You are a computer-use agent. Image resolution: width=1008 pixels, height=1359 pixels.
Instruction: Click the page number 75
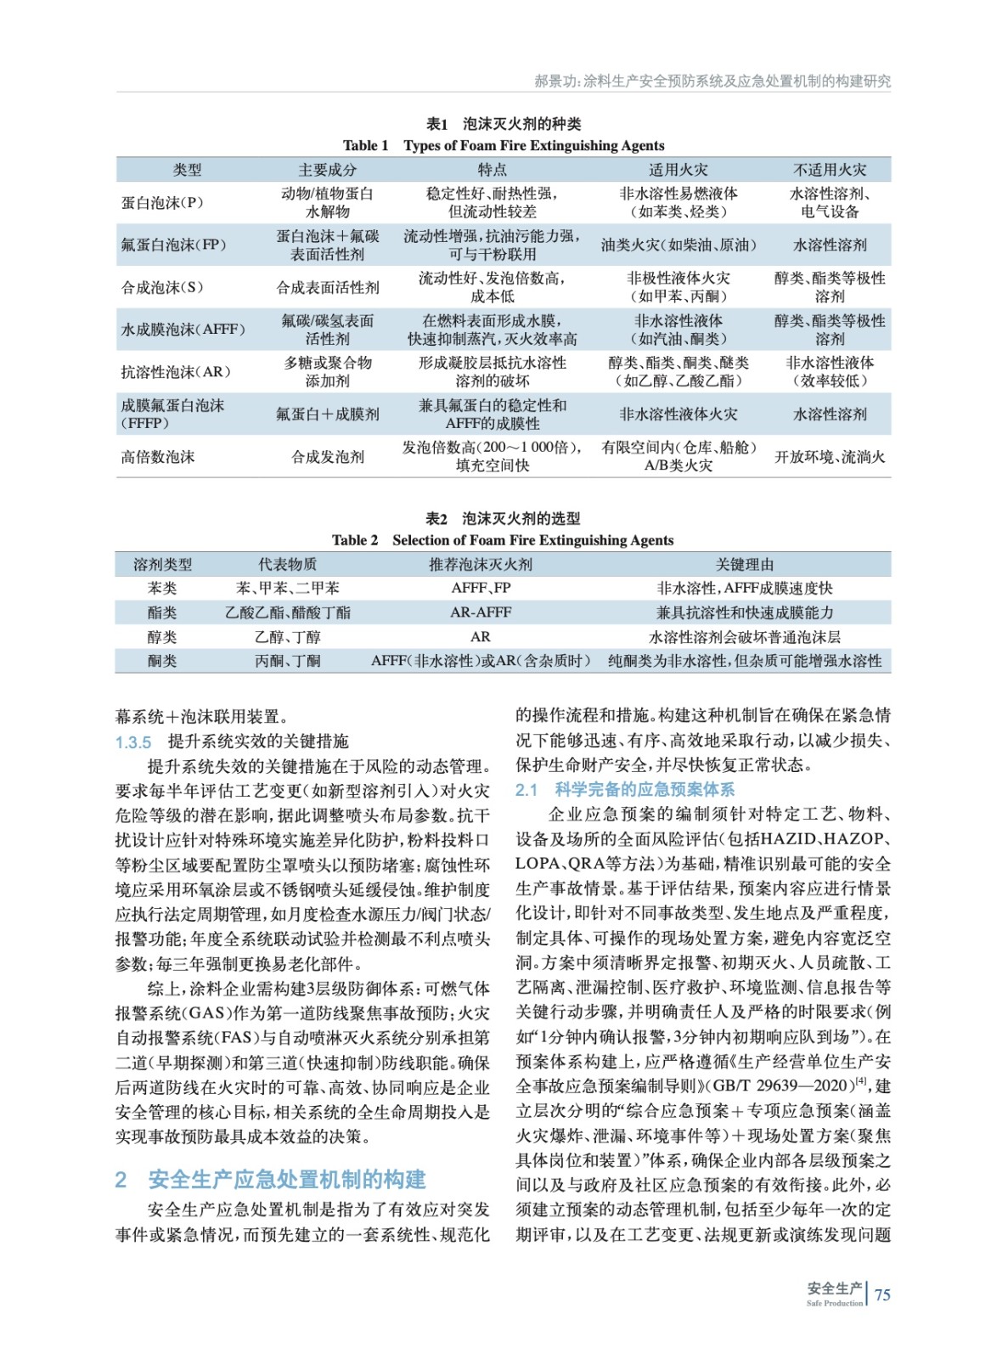click(882, 1294)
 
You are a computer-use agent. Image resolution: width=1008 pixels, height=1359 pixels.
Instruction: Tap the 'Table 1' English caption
click(504, 145)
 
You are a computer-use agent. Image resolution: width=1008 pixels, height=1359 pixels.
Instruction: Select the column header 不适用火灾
click(829, 169)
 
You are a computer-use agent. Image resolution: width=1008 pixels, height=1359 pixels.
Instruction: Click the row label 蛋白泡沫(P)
click(162, 203)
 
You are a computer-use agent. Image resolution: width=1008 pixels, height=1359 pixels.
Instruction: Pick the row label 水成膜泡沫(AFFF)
click(183, 330)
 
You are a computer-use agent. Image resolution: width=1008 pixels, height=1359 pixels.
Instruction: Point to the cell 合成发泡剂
click(328, 457)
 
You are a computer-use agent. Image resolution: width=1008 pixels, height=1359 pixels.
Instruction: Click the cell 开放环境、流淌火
click(829, 457)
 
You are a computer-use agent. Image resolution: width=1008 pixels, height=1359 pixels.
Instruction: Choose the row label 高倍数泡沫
click(158, 457)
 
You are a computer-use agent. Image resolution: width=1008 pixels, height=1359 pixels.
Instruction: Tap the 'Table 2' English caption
click(503, 540)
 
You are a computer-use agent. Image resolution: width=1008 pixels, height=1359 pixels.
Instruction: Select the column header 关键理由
click(745, 564)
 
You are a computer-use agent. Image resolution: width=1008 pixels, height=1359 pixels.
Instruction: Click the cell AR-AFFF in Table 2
click(481, 612)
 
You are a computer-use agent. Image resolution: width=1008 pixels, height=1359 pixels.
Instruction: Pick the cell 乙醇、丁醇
click(288, 637)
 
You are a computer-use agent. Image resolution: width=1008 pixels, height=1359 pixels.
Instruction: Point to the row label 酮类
click(162, 661)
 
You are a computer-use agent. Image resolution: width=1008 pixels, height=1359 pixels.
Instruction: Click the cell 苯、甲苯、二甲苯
click(288, 588)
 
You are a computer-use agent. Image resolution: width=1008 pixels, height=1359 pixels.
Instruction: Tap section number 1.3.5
click(133, 742)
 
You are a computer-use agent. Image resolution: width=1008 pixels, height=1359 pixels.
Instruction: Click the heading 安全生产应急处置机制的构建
click(287, 1179)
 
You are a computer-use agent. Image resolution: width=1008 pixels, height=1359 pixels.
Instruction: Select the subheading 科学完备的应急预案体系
click(645, 790)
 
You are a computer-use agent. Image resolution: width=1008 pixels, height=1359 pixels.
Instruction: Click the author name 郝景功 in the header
click(554, 82)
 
